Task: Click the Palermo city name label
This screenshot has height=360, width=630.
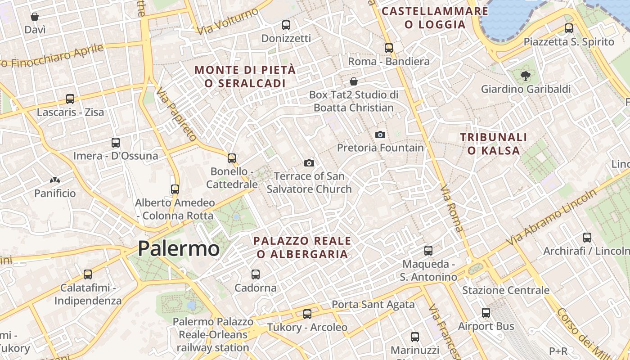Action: tap(179, 249)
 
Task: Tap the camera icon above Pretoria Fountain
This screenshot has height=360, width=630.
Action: tap(380, 135)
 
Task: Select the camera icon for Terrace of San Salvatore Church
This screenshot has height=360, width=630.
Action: tap(309, 163)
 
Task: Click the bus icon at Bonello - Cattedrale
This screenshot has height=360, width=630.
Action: tap(232, 158)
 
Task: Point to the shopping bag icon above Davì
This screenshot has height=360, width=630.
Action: tap(35, 17)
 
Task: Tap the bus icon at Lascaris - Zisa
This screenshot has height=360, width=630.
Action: tap(70, 99)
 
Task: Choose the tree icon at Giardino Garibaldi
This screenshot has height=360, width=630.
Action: tap(525, 76)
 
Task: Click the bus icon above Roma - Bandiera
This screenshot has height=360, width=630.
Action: tap(389, 48)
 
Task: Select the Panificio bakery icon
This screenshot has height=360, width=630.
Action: tap(55, 180)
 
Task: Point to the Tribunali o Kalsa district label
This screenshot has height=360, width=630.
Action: tap(494, 144)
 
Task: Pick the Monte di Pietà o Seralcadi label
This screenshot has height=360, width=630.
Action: tap(245, 76)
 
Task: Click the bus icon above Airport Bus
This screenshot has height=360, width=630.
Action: tap(486, 313)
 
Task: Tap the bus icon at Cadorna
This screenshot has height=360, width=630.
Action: tap(256, 274)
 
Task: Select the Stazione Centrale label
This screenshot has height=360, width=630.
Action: tap(506, 290)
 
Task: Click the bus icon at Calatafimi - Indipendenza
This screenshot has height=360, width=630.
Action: tap(88, 274)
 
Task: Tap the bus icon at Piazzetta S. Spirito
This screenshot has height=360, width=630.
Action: tap(569, 28)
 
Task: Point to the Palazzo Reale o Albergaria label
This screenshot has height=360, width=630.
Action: tap(302, 247)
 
